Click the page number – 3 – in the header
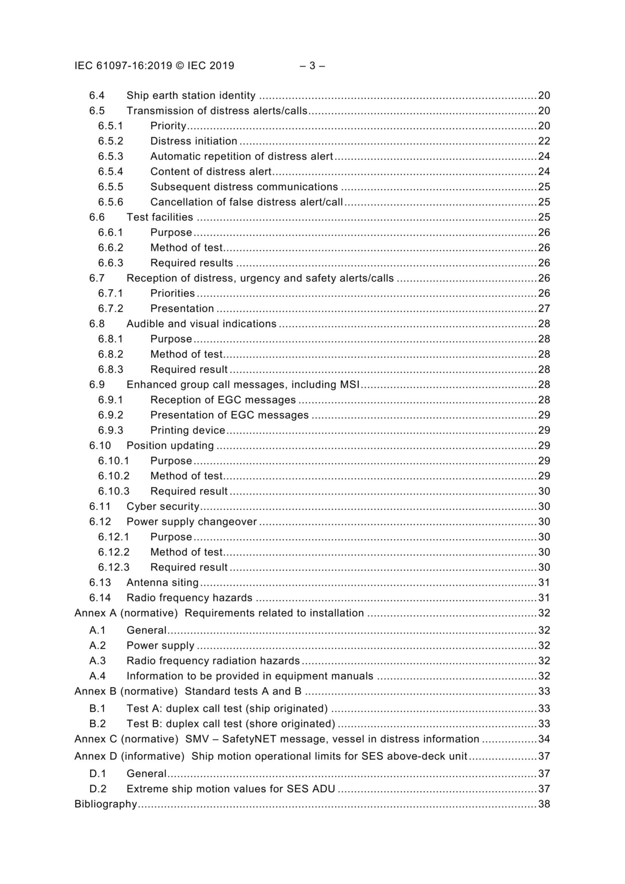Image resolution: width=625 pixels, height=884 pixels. coord(312,66)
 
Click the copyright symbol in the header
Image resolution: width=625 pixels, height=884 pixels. coord(180,66)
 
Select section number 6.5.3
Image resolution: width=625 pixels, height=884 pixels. coord(110,156)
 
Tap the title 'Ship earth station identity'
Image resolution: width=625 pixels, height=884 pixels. coord(191,96)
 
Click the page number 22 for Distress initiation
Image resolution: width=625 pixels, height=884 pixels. coord(544,141)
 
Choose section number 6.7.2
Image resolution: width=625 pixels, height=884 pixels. coord(110,309)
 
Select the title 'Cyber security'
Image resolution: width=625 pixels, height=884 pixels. coord(163,507)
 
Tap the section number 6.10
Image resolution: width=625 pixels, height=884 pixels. coord(100,446)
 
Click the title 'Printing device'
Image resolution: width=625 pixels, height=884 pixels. coord(188,430)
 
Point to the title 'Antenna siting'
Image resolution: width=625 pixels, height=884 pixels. coord(163,583)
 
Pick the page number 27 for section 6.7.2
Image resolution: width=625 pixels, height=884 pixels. coord(544,309)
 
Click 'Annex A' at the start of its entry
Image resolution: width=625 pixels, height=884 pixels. coord(95,613)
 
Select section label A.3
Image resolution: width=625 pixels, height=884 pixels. coord(98,661)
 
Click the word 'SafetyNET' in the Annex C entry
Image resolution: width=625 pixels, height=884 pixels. coord(253,739)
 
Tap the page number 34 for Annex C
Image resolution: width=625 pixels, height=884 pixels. coord(544,739)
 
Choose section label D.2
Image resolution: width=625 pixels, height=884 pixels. coord(98,789)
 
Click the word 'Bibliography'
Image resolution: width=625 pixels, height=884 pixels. coord(105,804)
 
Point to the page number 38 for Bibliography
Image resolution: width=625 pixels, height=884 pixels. coord(544,804)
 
